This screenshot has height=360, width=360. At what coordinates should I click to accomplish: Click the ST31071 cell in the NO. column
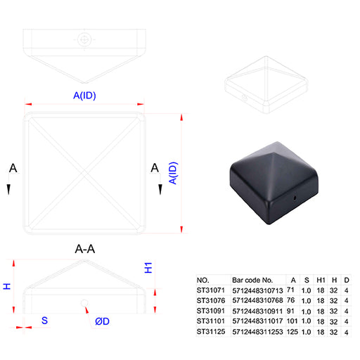click(211, 290)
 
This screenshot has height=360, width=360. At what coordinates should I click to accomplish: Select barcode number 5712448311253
click(257, 332)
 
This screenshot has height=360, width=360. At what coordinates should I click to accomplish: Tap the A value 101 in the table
click(292, 321)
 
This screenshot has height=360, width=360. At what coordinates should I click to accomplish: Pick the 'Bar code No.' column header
click(252, 280)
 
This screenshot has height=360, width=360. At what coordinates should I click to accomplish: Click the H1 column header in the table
click(321, 280)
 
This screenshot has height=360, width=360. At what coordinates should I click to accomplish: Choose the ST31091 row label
click(211, 311)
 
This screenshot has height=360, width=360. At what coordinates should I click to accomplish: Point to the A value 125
click(292, 332)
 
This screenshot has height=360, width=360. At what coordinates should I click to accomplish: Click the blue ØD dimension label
click(102, 321)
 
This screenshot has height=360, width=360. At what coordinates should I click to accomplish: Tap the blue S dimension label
click(44, 321)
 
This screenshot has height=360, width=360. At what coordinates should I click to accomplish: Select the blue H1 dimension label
click(148, 268)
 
